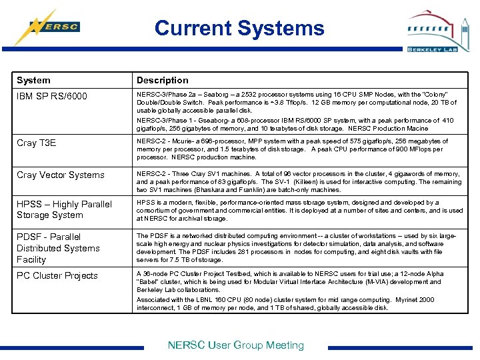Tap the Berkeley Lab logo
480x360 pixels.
[433, 31]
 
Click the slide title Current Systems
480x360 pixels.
[239, 28]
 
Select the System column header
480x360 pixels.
[33, 80]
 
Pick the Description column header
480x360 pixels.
[163, 80]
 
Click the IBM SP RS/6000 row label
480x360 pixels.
[52, 97]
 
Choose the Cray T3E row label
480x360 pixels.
[37, 143]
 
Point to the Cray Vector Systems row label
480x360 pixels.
[61, 175]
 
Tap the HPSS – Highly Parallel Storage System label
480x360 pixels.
[64, 209]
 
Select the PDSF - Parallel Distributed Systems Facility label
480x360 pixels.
[58, 248]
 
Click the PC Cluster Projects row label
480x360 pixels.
[57, 275]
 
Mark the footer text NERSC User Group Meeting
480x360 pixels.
[236, 345]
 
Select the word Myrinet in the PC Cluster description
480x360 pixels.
[401, 300]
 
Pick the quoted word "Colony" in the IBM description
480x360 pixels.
[435, 95]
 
